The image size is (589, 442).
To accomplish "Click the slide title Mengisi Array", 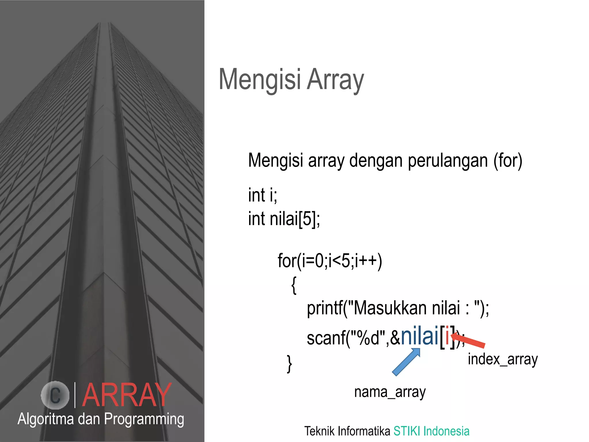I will (291, 79).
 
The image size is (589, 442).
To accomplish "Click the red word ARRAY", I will (127, 395).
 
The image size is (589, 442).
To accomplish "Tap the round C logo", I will (55, 395).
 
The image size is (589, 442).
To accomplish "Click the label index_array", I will (502, 359).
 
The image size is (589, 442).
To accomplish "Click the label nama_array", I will (390, 392).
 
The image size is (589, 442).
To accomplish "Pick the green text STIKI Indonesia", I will (431, 431).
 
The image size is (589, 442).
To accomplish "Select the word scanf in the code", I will (326, 338).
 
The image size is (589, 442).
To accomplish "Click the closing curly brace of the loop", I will (289, 364).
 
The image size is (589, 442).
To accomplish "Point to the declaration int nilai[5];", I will (284, 219).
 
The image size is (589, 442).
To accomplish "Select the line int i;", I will (262, 195).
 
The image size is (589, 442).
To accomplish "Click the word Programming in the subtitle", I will (144, 419).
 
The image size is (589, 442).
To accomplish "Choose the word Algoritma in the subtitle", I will (46, 419).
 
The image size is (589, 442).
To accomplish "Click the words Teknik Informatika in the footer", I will (347, 431).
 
